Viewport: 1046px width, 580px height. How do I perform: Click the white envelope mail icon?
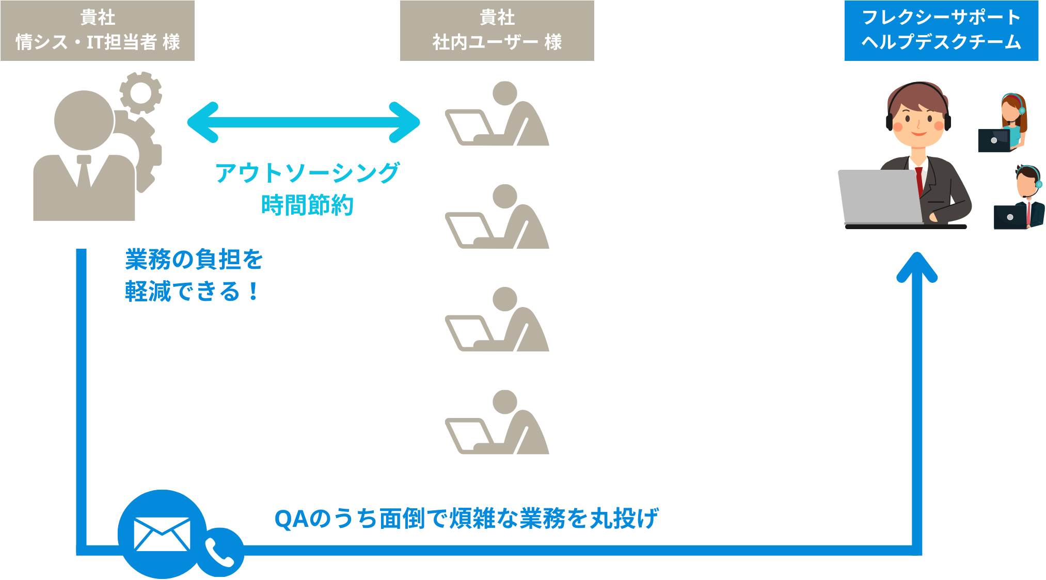click(x=162, y=534)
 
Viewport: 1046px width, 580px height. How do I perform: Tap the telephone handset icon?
click(x=220, y=552)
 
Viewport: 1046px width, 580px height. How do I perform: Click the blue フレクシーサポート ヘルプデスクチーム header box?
click(x=941, y=30)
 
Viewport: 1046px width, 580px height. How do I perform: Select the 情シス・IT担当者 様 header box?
click(x=98, y=30)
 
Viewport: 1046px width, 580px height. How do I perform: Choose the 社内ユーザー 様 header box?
click(x=497, y=30)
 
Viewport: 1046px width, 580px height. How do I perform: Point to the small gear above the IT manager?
click(x=140, y=93)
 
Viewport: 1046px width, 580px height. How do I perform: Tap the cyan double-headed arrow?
click(x=304, y=122)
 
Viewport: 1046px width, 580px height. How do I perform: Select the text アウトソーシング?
click(x=307, y=173)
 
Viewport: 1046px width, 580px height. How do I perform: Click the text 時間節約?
click(x=307, y=205)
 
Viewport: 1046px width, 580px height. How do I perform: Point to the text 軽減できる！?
click(x=192, y=292)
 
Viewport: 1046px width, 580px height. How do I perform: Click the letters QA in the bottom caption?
click(x=292, y=519)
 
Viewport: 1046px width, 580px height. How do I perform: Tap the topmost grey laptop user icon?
click(x=497, y=115)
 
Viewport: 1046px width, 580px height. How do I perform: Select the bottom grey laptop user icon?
click(x=497, y=423)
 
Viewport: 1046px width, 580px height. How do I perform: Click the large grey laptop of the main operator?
click(x=880, y=197)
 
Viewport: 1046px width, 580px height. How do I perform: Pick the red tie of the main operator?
click(x=920, y=181)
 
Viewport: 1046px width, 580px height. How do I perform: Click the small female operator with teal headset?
click(x=1012, y=121)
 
